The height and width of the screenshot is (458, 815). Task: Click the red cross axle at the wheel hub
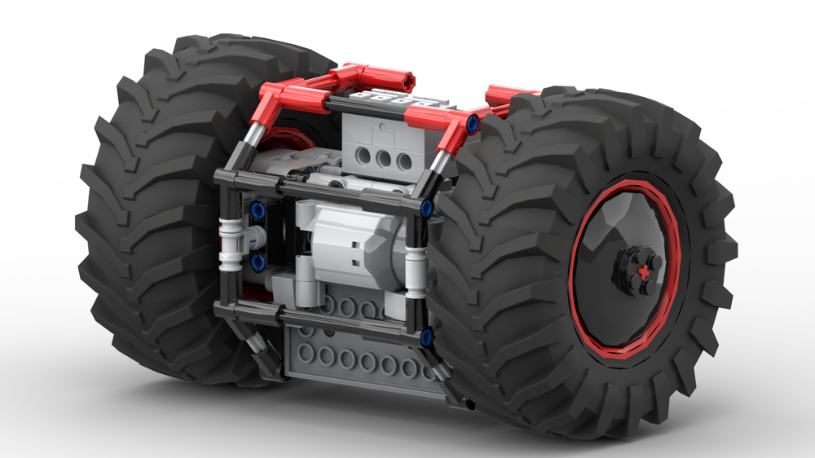[646, 270]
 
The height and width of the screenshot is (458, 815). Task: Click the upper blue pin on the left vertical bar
[258, 210]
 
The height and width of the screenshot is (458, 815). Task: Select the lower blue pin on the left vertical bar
[258, 261]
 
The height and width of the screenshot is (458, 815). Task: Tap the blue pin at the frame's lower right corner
[425, 335]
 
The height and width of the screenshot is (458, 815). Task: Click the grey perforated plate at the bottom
[359, 359]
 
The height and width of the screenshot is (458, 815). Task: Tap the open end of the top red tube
[406, 81]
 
